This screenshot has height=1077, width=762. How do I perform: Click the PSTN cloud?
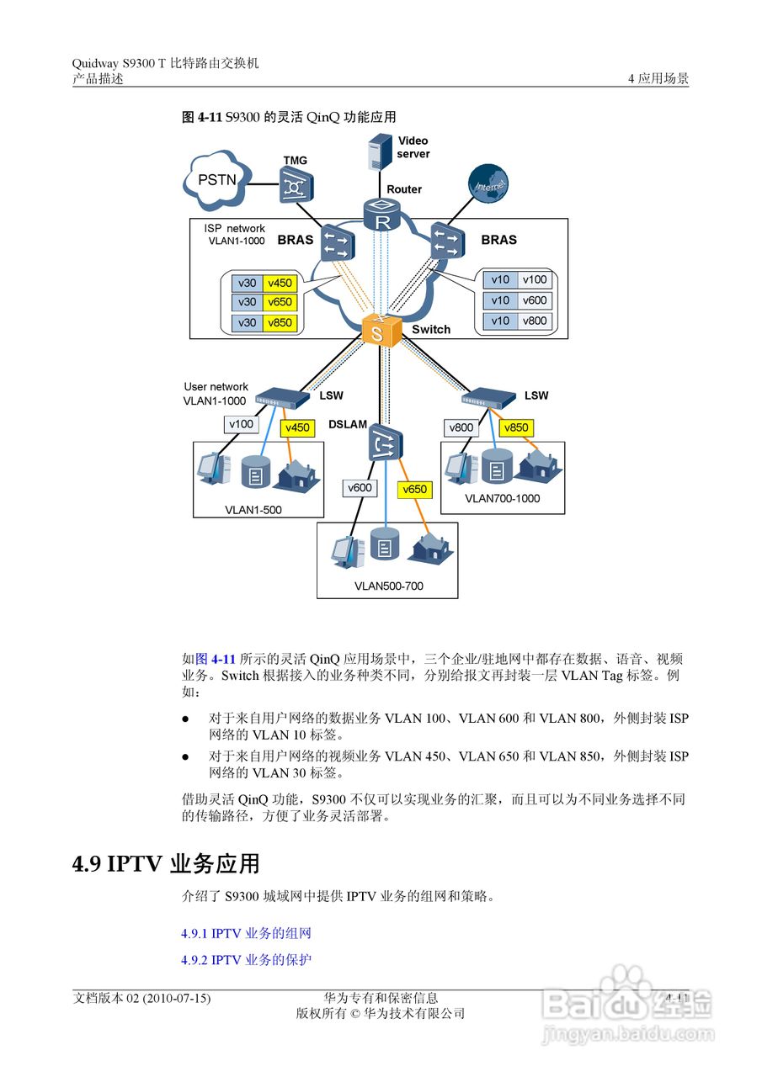point(217,179)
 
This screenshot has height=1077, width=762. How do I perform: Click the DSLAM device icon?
point(386,443)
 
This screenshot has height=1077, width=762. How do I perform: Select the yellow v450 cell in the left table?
point(280,284)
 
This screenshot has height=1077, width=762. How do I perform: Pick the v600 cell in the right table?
point(535,300)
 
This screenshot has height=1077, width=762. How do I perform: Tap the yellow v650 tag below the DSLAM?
point(414,489)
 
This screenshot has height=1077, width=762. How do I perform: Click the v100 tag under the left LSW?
point(241,425)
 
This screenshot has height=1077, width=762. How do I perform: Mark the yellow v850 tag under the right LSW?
point(515,427)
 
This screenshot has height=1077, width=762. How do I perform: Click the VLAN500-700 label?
point(388,586)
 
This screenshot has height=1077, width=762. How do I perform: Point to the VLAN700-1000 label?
point(502,498)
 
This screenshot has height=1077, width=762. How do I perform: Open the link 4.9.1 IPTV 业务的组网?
point(247,933)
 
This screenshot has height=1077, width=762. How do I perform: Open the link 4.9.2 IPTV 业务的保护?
point(247,959)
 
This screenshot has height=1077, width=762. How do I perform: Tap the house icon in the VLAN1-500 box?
point(300,477)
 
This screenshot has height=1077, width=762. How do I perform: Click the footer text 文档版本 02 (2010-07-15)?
point(141,998)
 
